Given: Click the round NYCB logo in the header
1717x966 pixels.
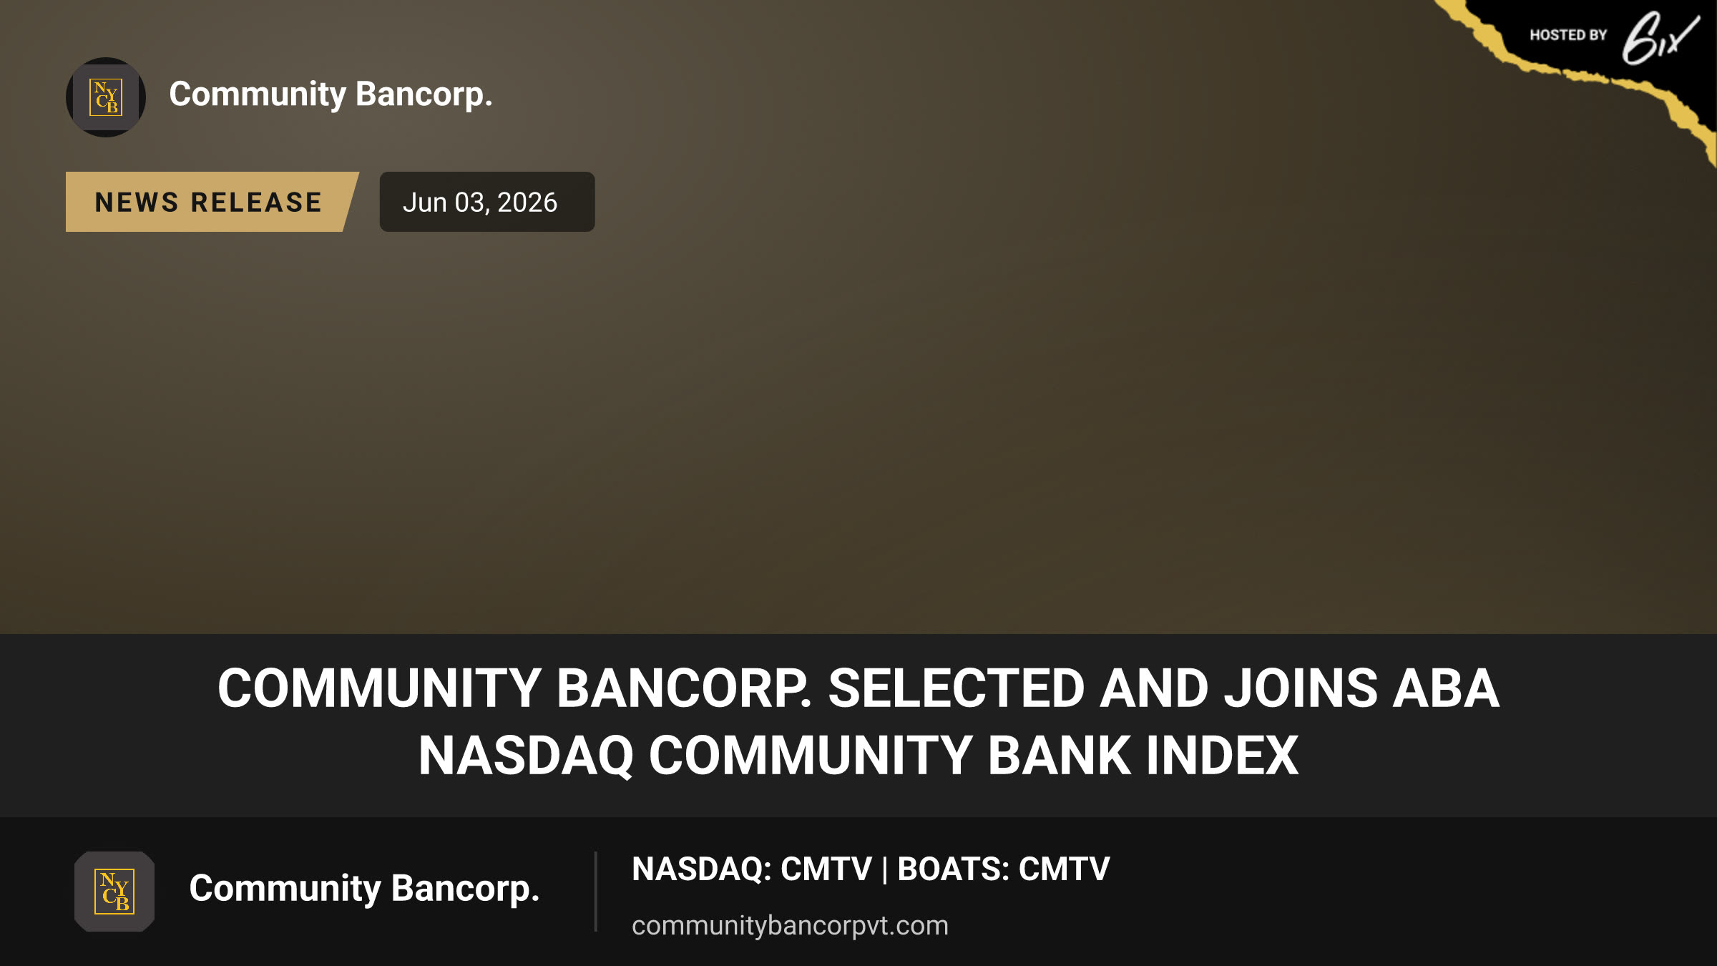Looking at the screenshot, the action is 106,97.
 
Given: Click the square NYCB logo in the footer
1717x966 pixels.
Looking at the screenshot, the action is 114,892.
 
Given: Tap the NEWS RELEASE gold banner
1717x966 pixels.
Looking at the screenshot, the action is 212,202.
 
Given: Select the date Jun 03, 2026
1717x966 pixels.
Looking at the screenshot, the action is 480,203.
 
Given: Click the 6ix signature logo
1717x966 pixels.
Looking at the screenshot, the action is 1660,38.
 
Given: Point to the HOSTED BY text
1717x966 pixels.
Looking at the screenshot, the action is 1568,35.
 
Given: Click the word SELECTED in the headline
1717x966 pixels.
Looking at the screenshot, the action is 957,688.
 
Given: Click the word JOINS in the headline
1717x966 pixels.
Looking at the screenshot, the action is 1301,688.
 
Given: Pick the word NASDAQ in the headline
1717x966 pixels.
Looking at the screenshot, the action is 526,756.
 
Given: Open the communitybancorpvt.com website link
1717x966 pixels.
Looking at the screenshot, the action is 790,925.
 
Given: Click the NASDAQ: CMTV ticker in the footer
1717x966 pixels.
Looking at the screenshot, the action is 752,869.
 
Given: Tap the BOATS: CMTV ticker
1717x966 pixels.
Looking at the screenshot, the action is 1004,869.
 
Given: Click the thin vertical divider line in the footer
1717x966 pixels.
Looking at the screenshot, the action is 595,892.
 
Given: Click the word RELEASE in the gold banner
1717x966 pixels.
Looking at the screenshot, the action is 256,203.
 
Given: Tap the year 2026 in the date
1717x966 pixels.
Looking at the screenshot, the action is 527,203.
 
